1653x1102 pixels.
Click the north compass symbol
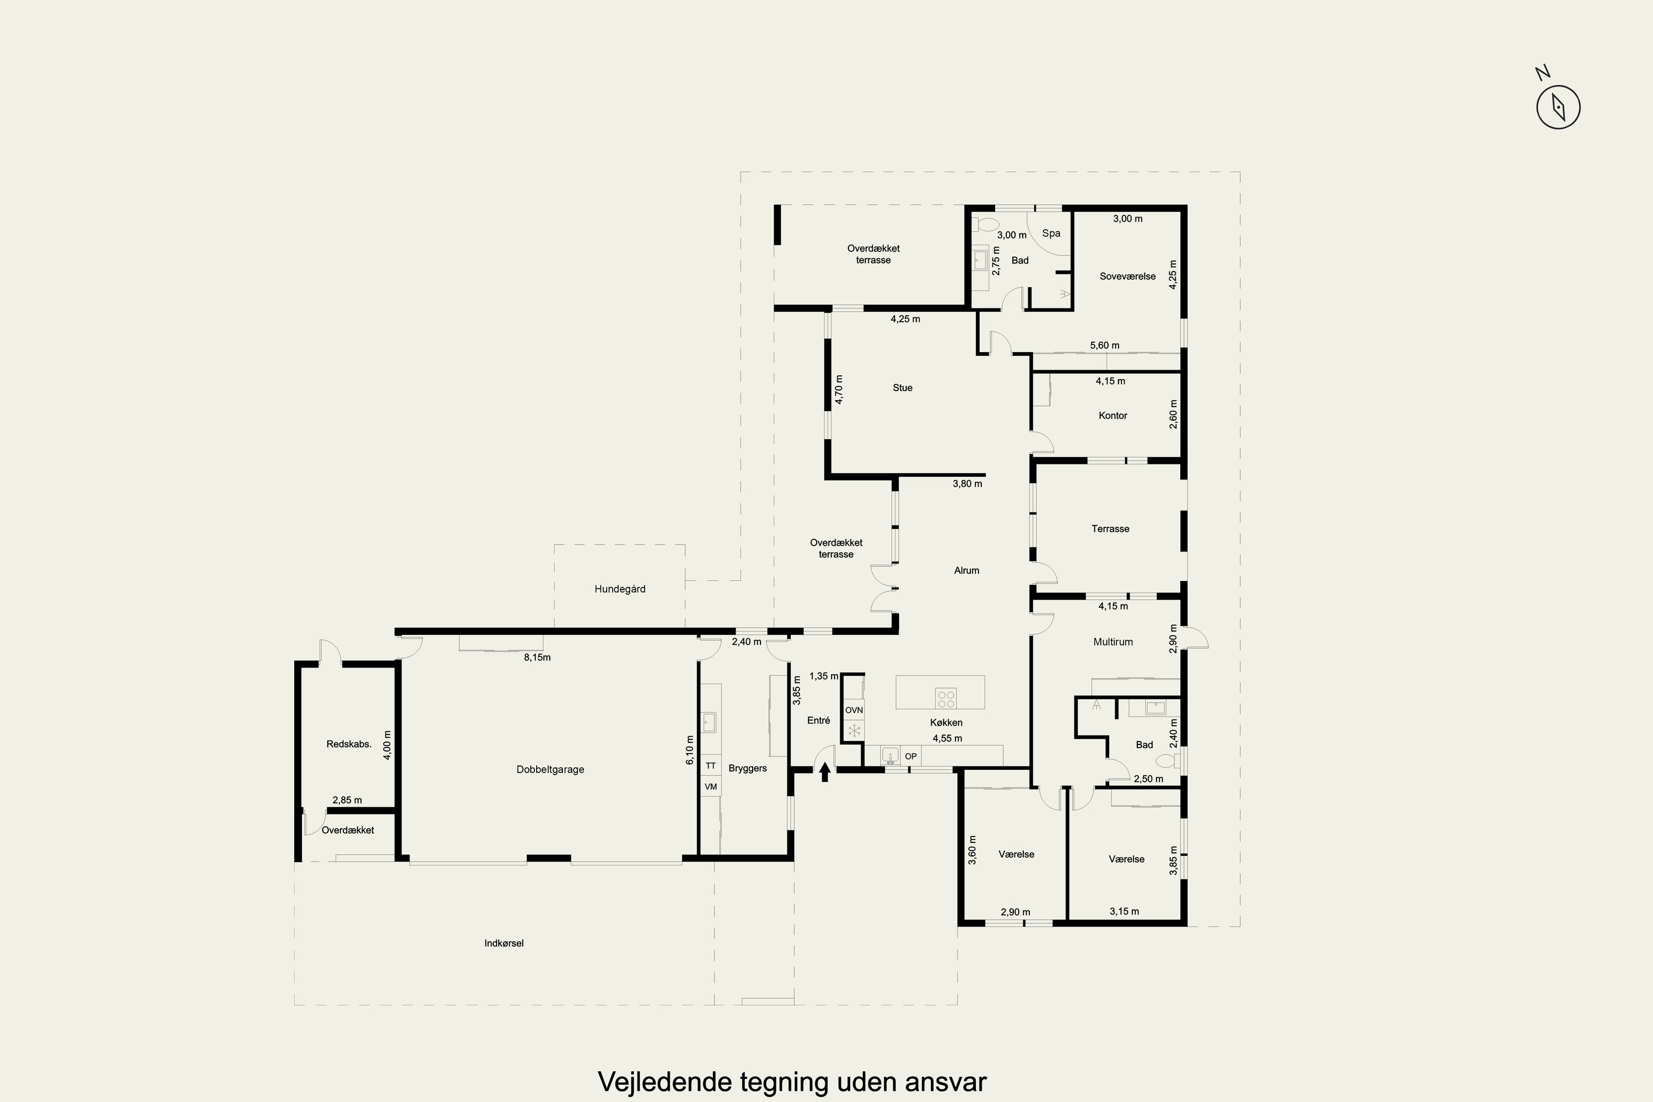click(1558, 108)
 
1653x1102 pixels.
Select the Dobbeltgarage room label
click(550, 770)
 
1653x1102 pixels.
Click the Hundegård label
click(620, 589)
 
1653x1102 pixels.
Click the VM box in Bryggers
click(711, 786)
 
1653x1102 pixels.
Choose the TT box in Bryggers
click(711, 766)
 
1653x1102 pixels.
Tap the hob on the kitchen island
click(946, 699)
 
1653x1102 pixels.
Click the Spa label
click(1051, 233)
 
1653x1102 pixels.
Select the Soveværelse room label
click(1127, 276)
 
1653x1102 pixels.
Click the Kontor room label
click(1112, 415)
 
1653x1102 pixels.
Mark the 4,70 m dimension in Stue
click(839, 388)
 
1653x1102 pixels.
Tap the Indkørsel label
click(504, 943)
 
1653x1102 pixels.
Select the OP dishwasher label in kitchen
click(911, 756)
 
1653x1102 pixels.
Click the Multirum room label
click(1112, 642)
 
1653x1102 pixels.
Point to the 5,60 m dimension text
click(1105, 345)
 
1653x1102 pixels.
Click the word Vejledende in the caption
click(664, 1081)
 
